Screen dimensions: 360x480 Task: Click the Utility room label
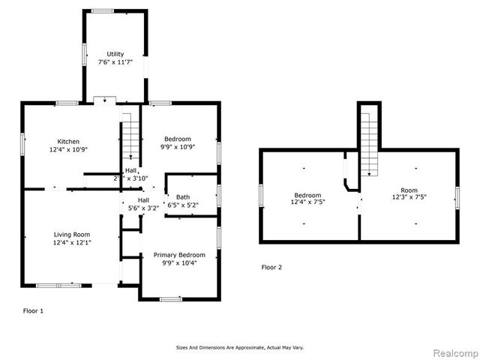115,54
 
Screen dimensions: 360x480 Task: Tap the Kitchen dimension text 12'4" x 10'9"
69,149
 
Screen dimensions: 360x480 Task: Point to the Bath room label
183,196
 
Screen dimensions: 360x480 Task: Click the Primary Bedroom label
179,255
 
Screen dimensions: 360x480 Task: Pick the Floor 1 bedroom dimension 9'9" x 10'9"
178,147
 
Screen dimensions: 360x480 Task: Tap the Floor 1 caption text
33,310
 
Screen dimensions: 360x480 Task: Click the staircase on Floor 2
368,141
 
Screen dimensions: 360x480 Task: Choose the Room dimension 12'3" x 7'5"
409,199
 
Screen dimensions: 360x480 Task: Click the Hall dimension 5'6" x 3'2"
143,208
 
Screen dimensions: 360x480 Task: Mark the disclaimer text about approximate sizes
239,347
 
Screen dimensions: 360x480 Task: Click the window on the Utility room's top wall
102,11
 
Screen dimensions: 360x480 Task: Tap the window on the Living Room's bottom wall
58,284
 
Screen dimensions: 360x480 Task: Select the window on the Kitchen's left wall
22,145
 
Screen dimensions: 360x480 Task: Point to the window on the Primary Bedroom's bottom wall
171,298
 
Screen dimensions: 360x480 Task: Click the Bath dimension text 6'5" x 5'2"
183,205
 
